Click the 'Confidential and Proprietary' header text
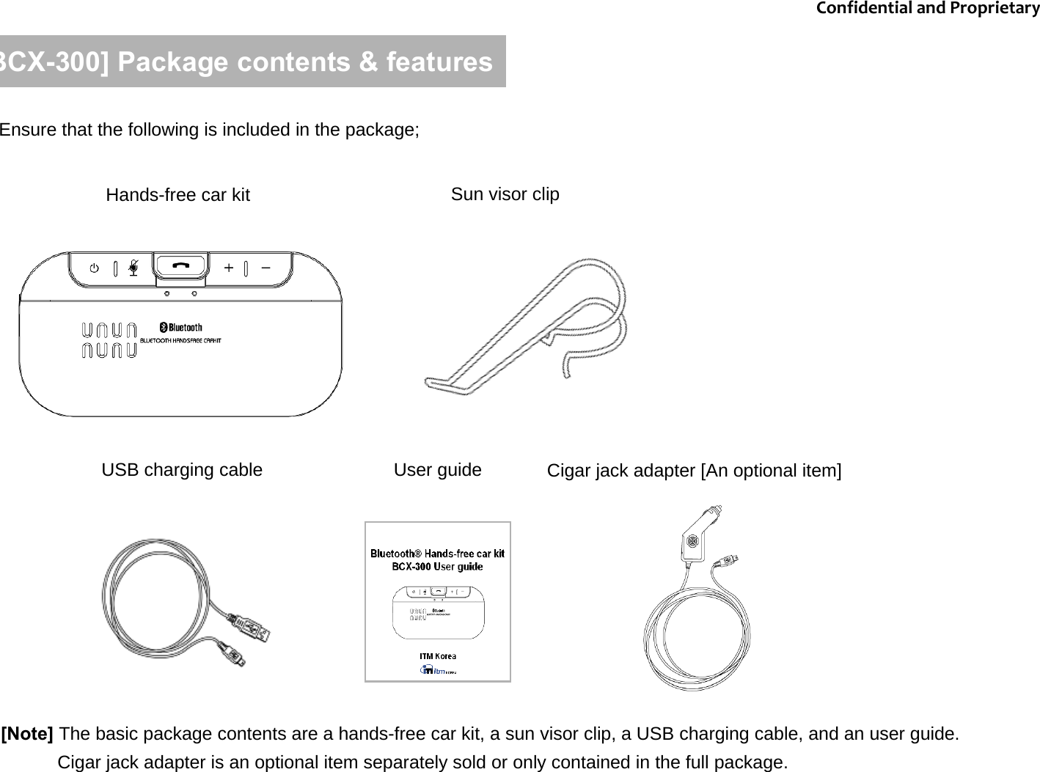coord(927,9)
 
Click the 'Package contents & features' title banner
coord(252,62)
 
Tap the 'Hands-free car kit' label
coord(177,195)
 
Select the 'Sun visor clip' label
coord(505,194)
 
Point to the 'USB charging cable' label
coord(182,470)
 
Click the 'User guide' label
coord(437,470)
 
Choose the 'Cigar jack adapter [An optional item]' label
coord(694,471)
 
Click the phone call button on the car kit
coord(180,267)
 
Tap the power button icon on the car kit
coord(95,268)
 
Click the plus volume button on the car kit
coord(229,268)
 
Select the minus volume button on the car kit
coord(266,268)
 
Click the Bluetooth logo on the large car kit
coord(181,327)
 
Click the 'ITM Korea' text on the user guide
coord(437,656)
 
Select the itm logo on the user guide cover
coord(437,669)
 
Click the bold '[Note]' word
coord(28,734)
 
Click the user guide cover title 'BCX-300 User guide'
coord(437,567)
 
